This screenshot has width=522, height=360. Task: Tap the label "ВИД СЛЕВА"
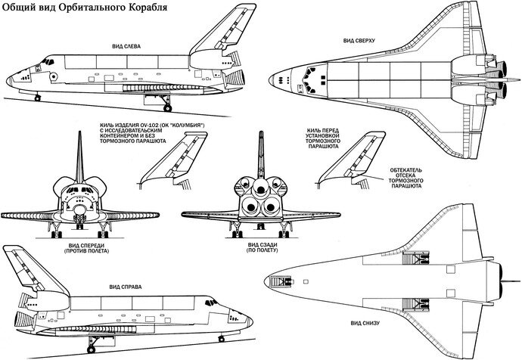point(126,47)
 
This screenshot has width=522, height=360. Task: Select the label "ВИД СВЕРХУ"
point(359,41)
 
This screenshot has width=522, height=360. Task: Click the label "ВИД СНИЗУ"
point(365,323)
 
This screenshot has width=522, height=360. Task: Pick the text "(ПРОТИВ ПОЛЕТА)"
point(87,251)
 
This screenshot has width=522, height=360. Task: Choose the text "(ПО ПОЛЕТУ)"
point(263,250)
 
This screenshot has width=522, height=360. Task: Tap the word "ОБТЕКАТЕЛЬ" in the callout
point(405,170)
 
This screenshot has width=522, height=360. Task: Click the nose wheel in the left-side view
point(37,98)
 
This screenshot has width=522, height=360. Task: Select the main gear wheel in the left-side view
point(167,108)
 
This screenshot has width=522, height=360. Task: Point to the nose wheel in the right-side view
point(222,339)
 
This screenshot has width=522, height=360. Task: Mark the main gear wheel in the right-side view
point(91,349)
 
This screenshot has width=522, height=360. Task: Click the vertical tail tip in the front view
point(79,132)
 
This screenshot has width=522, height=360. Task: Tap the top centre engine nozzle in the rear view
point(261,188)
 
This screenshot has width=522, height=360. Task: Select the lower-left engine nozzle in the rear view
point(250,206)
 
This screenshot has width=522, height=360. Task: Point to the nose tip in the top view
point(269,80)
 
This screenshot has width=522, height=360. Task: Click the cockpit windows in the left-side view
point(48,61)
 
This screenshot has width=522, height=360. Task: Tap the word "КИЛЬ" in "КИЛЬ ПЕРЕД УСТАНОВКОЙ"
point(313,131)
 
